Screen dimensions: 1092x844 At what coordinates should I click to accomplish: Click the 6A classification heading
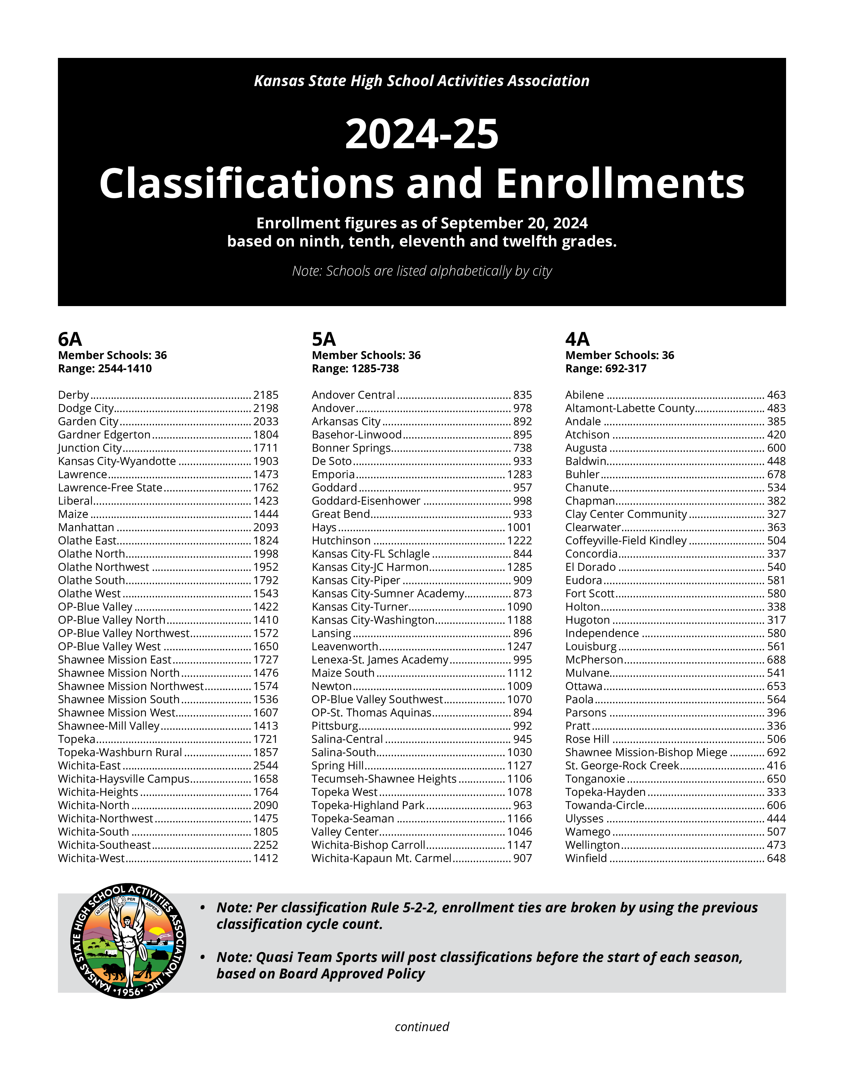coord(70,340)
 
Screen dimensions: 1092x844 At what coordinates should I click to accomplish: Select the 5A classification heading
coord(324,340)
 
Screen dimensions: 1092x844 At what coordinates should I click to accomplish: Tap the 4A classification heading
coord(578,340)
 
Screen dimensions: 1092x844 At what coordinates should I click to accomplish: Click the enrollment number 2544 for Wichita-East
coord(265,765)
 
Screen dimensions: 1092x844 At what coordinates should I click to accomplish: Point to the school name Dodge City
coord(85,408)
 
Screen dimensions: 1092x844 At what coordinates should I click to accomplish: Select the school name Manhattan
coord(86,527)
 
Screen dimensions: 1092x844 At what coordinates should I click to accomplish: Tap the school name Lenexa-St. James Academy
coord(380,660)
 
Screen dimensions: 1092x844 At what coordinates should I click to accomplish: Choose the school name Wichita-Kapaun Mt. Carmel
coord(382,858)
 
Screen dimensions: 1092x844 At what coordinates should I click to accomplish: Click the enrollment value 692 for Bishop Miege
coord(776,752)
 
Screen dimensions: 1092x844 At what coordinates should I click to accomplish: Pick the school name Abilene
coord(585,395)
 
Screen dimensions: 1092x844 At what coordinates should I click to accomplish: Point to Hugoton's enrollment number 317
coord(776,620)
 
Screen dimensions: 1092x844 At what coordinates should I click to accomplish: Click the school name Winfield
coord(586,858)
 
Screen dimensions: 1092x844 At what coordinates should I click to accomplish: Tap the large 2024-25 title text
coord(422,134)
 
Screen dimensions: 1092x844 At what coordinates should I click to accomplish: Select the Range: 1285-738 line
coord(355,369)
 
